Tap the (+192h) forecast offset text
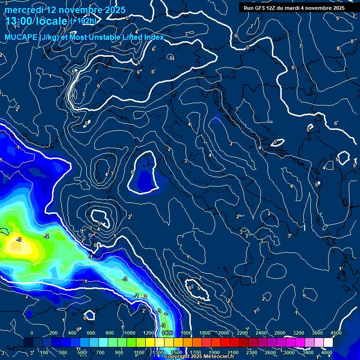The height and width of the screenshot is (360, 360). coord(84,21)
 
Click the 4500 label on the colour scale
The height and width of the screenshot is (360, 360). coord(336,333)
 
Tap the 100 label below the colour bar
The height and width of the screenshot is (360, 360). coord(45,352)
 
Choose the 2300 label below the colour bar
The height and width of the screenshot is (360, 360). coord(251,352)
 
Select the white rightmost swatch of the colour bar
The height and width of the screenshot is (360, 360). coord(328,343)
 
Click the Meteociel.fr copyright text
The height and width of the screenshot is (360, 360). coord(199,357)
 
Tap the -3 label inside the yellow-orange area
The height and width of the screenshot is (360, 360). coord(19,240)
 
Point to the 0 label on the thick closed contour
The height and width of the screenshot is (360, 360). coord(132,172)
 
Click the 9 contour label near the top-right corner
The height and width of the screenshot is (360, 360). coord(337,18)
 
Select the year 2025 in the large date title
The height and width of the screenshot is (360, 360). coord(115,9)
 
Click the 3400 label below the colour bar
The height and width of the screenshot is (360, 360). coord(308,352)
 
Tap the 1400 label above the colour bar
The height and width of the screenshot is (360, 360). coord(167,333)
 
